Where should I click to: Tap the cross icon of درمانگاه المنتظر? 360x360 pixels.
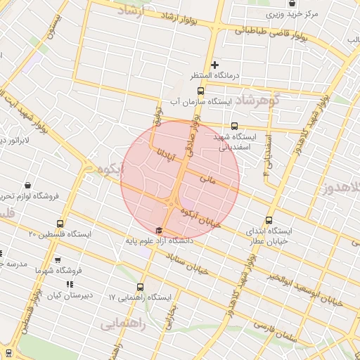click(215, 65)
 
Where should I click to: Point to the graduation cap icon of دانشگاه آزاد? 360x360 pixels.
click(159, 230)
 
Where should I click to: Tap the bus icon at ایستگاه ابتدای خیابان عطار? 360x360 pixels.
click(271, 220)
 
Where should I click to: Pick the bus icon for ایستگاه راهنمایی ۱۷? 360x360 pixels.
click(141, 287)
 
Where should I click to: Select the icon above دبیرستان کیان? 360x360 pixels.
click(68, 284)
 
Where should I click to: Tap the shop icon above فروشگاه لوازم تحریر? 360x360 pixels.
click(27, 186)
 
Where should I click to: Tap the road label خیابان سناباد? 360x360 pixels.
click(191, 266)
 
